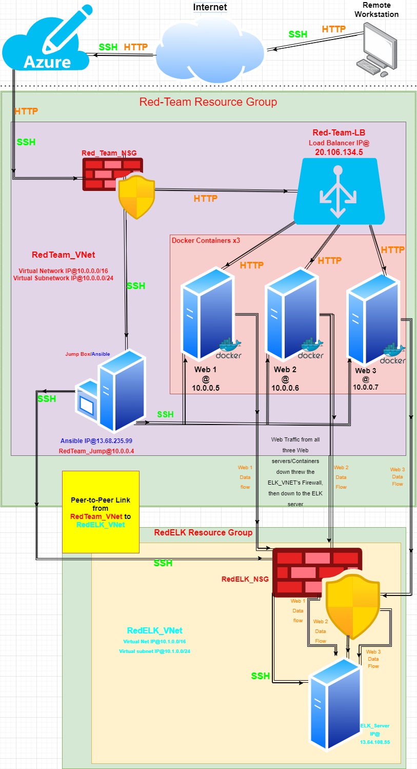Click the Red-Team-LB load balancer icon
point(339,190)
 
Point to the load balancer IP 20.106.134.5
point(339,152)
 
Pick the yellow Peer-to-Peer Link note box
point(101,511)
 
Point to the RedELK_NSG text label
point(245,579)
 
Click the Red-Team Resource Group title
point(208,102)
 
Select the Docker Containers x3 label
point(206,240)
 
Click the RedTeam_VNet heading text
point(63,255)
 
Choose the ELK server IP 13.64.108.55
point(374,742)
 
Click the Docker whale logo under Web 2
point(311,349)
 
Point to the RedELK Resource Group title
point(203,532)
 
